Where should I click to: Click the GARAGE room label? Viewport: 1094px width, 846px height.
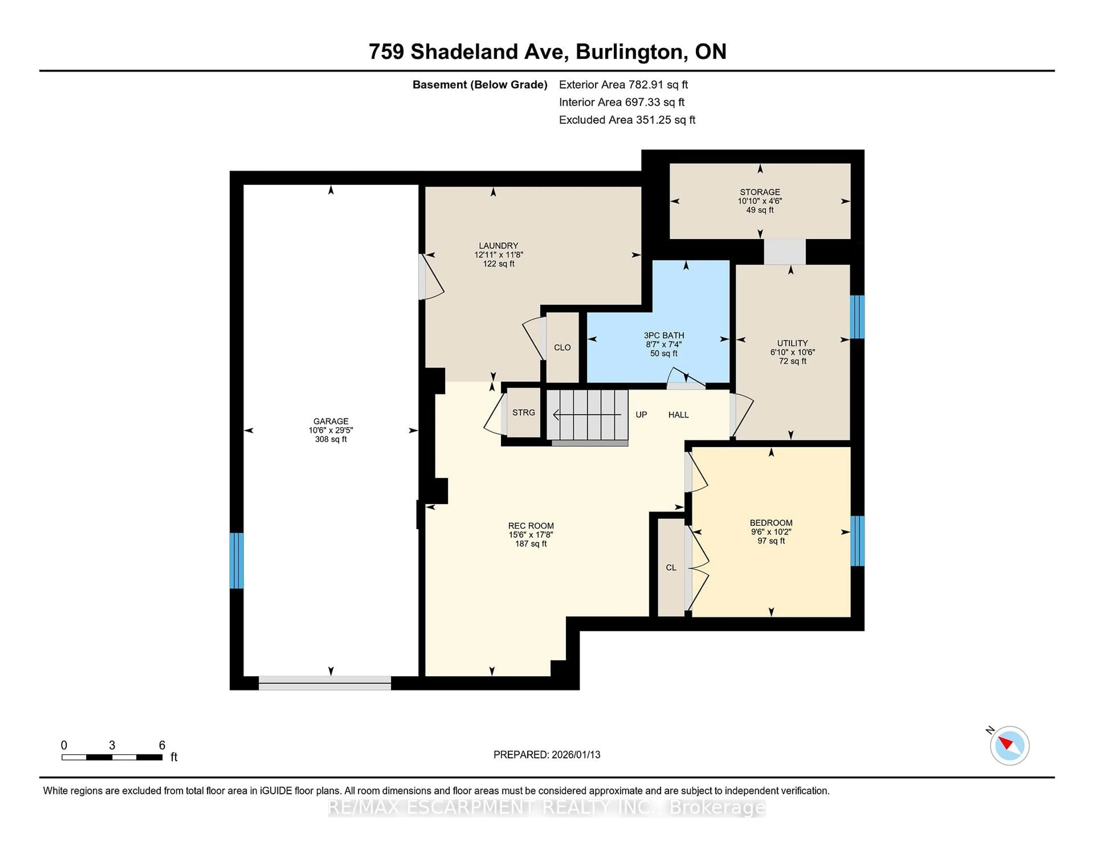click(330, 421)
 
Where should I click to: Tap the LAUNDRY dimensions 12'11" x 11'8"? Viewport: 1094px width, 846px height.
click(498, 255)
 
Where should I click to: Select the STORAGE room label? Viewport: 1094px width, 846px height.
click(760, 192)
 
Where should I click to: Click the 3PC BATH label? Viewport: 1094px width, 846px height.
click(664, 335)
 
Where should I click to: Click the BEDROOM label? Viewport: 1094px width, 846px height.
click(771, 523)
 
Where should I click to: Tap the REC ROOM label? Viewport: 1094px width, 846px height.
click(530, 526)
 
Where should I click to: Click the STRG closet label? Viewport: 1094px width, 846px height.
click(523, 412)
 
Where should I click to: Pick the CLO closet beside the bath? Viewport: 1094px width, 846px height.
click(562, 347)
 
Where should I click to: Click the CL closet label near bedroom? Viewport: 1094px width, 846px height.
click(671, 567)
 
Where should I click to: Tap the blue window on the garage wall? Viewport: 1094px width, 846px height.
click(236, 560)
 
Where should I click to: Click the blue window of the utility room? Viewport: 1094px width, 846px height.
click(857, 317)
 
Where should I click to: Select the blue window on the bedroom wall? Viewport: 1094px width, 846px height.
click(857, 541)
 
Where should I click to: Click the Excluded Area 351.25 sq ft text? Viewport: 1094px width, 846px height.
click(627, 120)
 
